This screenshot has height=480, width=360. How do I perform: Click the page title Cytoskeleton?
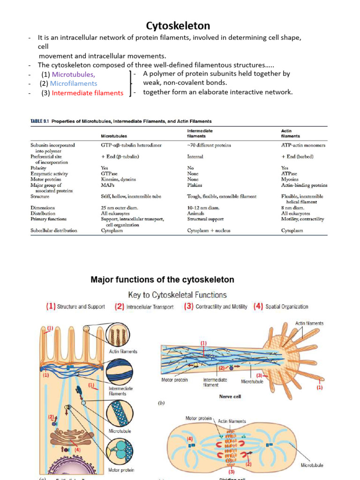click(x=178, y=25)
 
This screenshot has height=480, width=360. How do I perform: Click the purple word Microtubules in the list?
click(x=73, y=74)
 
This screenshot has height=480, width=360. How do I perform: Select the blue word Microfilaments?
click(x=74, y=83)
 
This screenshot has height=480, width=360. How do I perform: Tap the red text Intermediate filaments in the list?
click(x=88, y=93)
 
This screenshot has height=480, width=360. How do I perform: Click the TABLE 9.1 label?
click(x=40, y=121)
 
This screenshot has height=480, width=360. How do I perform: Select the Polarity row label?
click(x=38, y=167)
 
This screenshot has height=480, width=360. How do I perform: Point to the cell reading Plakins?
click(x=195, y=185)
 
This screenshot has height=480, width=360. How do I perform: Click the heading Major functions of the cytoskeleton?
click(x=162, y=280)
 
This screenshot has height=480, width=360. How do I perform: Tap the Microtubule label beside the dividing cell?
click(x=312, y=465)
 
